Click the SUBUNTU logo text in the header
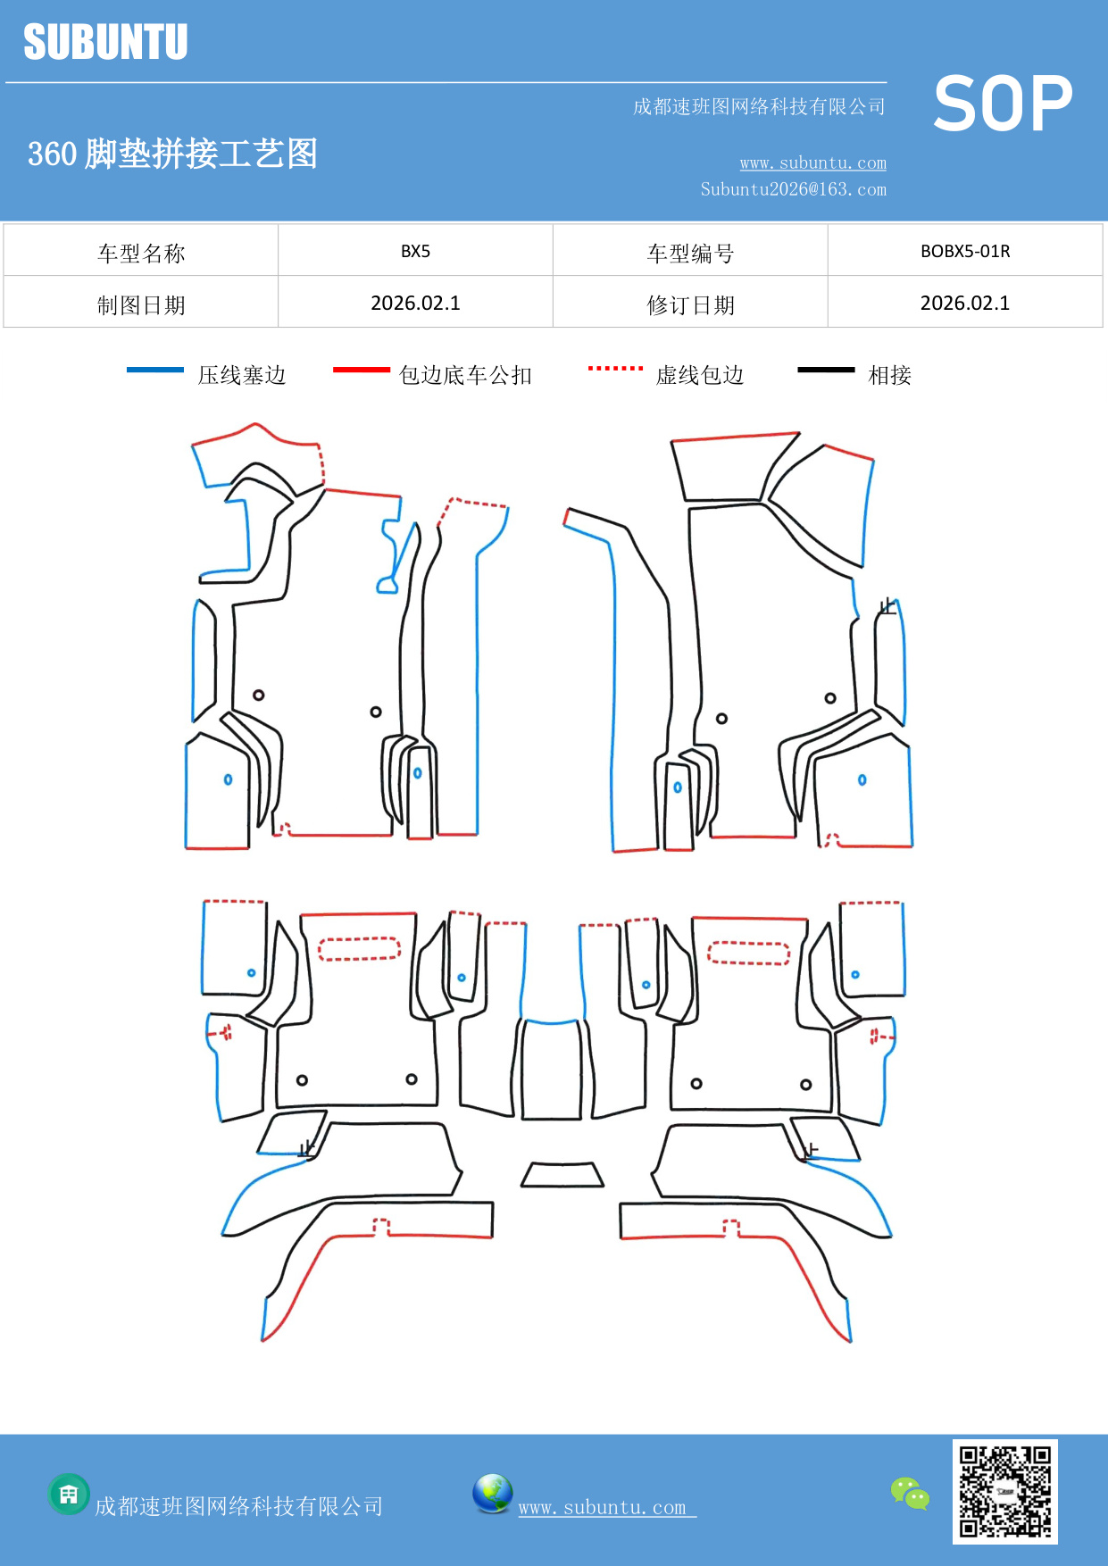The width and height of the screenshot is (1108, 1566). pyautogui.click(x=105, y=42)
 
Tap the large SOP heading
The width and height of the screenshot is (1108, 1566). pyautogui.click(x=1003, y=104)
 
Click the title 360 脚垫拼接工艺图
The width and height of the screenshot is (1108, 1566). pyautogui.click(x=172, y=154)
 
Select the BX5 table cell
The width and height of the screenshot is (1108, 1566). pyautogui.click(x=415, y=251)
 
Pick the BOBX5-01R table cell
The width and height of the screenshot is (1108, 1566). pyautogui.click(x=965, y=251)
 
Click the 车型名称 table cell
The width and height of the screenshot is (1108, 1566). pyautogui.click(x=141, y=254)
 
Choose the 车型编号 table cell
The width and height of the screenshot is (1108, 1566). pyautogui.click(x=690, y=254)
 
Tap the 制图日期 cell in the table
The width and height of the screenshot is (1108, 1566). pyautogui.click(x=141, y=305)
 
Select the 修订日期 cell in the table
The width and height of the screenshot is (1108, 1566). pyautogui.click(x=690, y=305)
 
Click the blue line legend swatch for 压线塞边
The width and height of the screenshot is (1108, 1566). pyautogui.click(x=155, y=370)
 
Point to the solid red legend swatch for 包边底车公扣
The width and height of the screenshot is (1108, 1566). pyautogui.click(x=361, y=370)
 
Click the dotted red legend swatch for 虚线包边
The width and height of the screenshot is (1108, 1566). pyautogui.click(x=615, y=368)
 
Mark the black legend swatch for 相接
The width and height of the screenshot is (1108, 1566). pyautogui.click(x=826, y=370)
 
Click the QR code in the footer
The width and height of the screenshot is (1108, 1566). pyautogui.click(x=1004, y=1492)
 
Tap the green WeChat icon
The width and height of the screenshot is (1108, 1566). pyautogui.click(x=910, y=1494)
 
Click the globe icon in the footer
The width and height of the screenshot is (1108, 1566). pyautogui.click(x=492, y=1494)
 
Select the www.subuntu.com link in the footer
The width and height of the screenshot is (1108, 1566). pyautogui.click(x=605, y=1507)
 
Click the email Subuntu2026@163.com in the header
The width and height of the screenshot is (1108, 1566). pyautogui.click(x=793, y=189)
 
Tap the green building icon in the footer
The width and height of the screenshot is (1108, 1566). pyautogui.click(x=69, y=1494)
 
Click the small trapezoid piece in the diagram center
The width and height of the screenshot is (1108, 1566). pyautogui.click(x=562, y=1175)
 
